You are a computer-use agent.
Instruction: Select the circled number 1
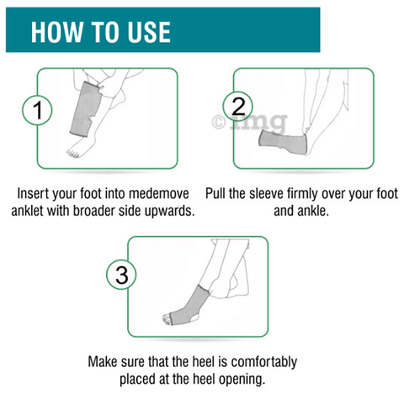pos(37,110)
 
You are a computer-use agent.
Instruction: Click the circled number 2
pos(238,107)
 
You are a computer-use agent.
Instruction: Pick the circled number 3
pos(121,275)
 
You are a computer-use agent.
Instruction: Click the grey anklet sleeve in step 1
pos(85,109)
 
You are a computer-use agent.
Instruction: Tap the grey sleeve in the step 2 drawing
pos(283,142)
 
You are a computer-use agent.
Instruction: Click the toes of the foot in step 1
pos(73,154)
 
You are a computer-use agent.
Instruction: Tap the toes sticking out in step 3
pos(167,319)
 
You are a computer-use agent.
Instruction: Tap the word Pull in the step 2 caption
pos(215,193)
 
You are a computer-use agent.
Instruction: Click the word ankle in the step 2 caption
pos(315,211)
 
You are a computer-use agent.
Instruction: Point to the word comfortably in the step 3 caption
pos(264,362)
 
